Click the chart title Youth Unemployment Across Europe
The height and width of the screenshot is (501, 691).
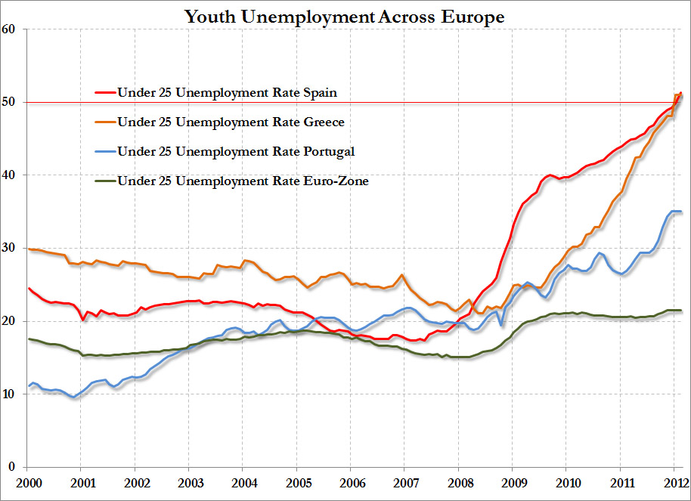345,16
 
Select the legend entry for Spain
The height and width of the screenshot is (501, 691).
227,93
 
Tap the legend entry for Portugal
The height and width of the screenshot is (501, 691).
236,152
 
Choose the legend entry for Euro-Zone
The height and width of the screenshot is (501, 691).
243,181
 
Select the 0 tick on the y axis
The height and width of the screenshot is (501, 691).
13,467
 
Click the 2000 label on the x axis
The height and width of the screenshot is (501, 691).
28,482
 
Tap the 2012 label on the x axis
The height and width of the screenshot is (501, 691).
674,482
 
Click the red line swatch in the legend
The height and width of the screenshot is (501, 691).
104,93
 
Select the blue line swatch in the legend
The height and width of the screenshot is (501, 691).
104,152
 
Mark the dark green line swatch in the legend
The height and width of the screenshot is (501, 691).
104,181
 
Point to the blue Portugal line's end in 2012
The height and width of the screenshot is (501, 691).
681,212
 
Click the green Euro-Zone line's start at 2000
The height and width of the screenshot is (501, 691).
29,339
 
